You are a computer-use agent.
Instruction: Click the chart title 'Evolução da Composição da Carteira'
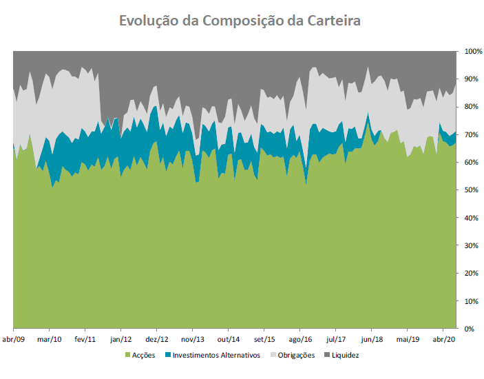pos(240,21)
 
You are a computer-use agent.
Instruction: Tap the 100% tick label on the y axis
pos(474,52)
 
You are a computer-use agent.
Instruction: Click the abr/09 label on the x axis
pos(13,340)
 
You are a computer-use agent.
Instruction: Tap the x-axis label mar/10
pos(49,340)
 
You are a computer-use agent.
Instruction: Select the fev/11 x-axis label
pos(85,340)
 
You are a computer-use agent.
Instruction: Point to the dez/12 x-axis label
pos(157,340)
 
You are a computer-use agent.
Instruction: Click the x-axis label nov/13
pos(193,340)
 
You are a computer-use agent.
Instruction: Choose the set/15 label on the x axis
pos(264,340)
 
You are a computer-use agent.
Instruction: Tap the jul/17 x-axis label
pos(336,340)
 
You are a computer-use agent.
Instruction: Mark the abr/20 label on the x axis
pos(444,340)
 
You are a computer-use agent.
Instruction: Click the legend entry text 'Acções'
pos(143,356)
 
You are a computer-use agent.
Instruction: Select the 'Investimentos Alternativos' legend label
pos(216,356)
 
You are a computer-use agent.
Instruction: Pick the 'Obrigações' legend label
pos(297,356)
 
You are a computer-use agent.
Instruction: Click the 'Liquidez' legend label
pos(345,356)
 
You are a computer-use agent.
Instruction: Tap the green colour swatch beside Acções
pos(127,356)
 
